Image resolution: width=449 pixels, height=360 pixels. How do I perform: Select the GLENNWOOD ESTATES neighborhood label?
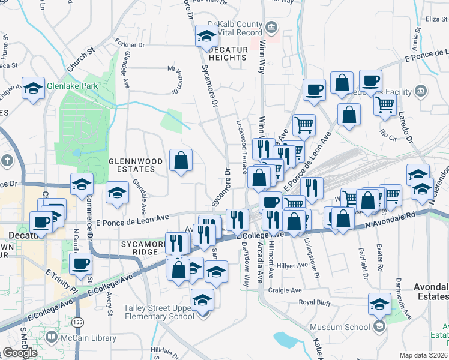coord(136,165)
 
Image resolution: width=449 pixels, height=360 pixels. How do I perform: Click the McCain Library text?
coord(88,338)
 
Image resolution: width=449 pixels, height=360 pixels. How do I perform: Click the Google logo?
coord(20,352)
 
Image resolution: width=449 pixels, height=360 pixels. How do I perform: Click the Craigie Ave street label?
coord(288,289)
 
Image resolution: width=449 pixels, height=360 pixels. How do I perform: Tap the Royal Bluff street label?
coord(315,302)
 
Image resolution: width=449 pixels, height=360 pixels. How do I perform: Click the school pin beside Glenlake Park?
coord(32,88)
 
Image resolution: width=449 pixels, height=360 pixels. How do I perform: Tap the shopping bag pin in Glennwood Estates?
coord(181,160)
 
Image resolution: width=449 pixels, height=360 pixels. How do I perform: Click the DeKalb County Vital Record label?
coord(233,28)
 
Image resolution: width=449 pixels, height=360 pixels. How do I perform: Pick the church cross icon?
coord(7,160)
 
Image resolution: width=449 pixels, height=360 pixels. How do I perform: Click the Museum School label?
coord(340,327)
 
